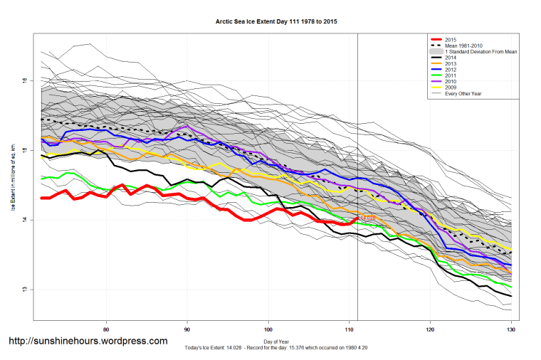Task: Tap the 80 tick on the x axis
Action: (106, 329)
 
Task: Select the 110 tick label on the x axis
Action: (349, 329)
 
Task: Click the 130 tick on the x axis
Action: (510, 329)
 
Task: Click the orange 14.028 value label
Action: (367, 217)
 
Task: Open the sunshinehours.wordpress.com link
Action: (88, 341)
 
